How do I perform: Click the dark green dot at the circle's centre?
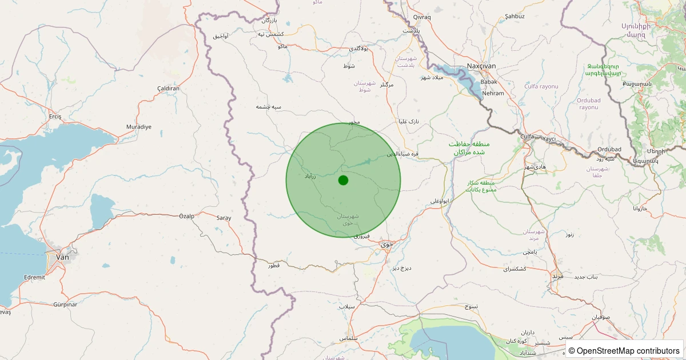click(343, 181)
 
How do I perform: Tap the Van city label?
click(62, 257)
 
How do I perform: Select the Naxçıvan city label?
click(481, 66)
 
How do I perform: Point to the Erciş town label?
click(55, 117)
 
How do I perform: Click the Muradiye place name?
click(138, 127)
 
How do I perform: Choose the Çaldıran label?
click(168, 89)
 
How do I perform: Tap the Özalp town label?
click(187, 216)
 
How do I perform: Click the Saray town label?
click(224, 218)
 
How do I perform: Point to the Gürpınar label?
click(65, 305)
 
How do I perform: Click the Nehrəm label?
click(493, 93)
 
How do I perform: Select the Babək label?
click(481, 82)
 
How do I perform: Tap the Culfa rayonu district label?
click(541, 86)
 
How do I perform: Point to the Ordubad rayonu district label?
click(589, 104)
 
